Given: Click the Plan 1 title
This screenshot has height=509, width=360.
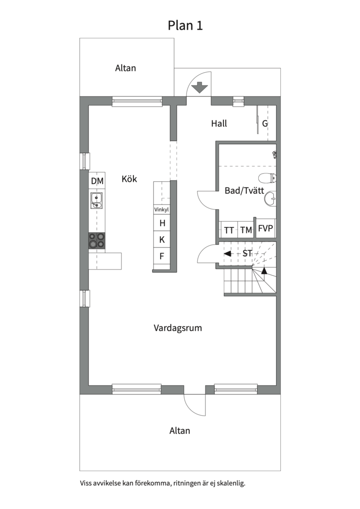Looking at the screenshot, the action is tap(185, 25).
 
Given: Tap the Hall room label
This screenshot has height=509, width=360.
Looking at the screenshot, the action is tap(219, 123).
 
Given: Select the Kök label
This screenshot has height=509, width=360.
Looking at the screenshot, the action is tap(129, 179).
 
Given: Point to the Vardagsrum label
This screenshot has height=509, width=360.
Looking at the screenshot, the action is tap(178, 328).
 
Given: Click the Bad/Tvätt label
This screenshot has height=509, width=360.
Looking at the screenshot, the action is tap(244, 190).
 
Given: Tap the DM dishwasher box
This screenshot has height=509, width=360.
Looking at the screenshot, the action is tap(97, 181).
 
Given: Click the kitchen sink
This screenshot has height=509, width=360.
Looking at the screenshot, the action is tap(97, 200).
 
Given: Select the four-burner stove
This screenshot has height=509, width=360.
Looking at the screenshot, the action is tap(97, 240).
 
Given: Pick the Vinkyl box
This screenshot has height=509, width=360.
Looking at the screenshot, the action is tap(161, 210).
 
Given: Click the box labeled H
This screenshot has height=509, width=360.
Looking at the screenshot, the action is tap(162, 223).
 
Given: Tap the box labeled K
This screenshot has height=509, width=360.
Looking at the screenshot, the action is tap(162, 239).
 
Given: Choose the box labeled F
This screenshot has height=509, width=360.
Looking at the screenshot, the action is tap(162, 256).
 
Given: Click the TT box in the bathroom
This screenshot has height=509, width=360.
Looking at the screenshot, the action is tap(229, 230).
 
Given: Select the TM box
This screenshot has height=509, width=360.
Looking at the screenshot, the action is tap(246, 230).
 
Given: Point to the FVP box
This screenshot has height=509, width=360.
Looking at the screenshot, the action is tap(266, 228).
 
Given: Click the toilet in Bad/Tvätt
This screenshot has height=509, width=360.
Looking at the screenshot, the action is tap(268, 178).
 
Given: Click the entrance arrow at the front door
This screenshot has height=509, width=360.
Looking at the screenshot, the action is tap(199, 88).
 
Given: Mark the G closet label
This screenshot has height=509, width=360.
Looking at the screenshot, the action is tap(265, 123).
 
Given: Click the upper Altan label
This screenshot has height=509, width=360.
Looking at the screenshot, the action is tap(125, 68).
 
